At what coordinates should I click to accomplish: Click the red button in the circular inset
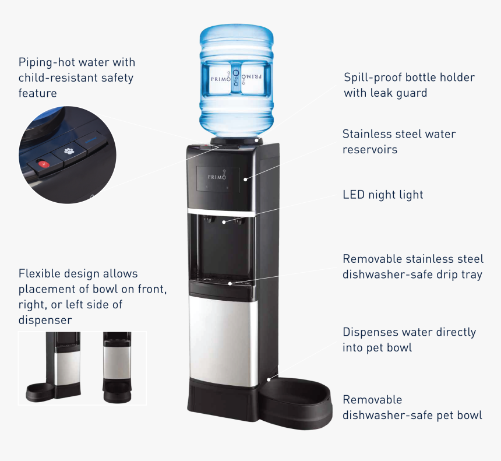[x=43, y=164]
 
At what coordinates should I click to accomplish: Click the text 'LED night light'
[x=383, y=195]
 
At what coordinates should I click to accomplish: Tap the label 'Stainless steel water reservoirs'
[x=399, y=142]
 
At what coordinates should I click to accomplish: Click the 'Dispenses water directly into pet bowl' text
[x=409, y=340]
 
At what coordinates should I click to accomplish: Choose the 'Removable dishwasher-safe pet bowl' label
[x=412, y=407]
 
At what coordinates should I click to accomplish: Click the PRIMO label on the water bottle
[x=237, y=76]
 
